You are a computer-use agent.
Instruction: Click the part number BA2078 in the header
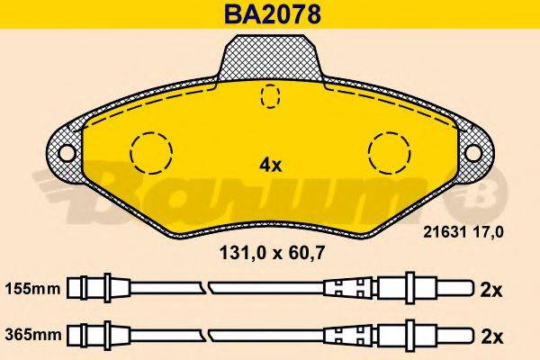click(270, 14)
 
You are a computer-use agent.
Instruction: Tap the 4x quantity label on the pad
click(271, 166)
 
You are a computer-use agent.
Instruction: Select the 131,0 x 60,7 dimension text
click(271, 255)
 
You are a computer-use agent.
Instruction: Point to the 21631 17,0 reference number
click(463, 232)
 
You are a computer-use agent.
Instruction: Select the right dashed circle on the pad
click(390, 150)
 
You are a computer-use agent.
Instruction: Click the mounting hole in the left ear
click(66, 152)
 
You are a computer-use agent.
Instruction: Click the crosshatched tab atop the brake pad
click(271, 56)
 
